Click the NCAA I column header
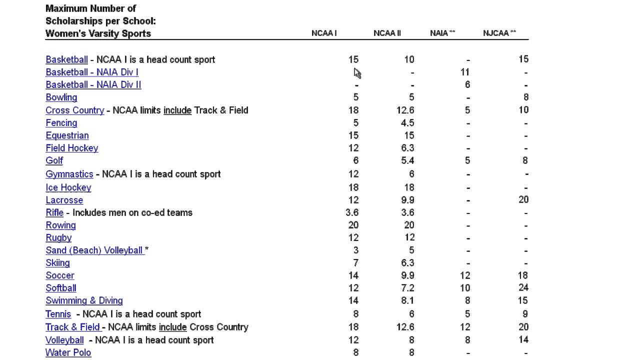tap(324, 33)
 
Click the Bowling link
tap(61, 97)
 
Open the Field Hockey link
tap(72, 148)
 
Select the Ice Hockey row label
tap(68, 187)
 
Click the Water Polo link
tap(68, 352)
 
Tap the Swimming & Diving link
tap(84, 300)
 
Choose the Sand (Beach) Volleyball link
tap(94, 250)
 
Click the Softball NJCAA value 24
tap(523, 287)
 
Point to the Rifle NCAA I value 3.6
tap(352, 212)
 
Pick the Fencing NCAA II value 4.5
tap(406, 123)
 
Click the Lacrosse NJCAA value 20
tap(523, 199)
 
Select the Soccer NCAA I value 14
tap(353, 275)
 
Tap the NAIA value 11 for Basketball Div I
tap(465, 72)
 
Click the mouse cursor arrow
tap(357, 73)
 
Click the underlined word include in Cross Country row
tap(177, 110)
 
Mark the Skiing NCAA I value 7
tap(355, 263)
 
